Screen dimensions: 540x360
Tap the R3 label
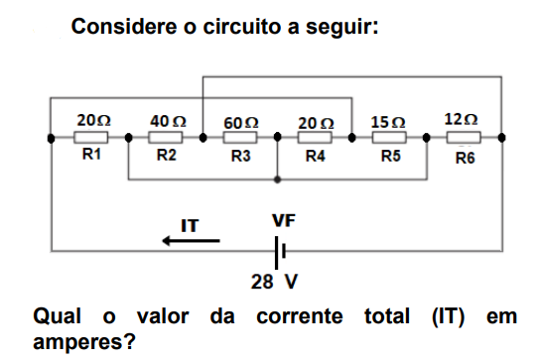tap(240, 157)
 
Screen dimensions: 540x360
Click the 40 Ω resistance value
tap(167, 120)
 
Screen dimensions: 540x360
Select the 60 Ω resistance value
tap(241, 121)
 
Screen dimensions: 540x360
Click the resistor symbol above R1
tap(92, 138)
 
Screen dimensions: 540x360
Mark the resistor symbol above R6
tap(465, 138)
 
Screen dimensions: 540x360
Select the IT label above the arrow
tap(189, 225)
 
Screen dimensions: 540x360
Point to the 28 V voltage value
tap(274, 282)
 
